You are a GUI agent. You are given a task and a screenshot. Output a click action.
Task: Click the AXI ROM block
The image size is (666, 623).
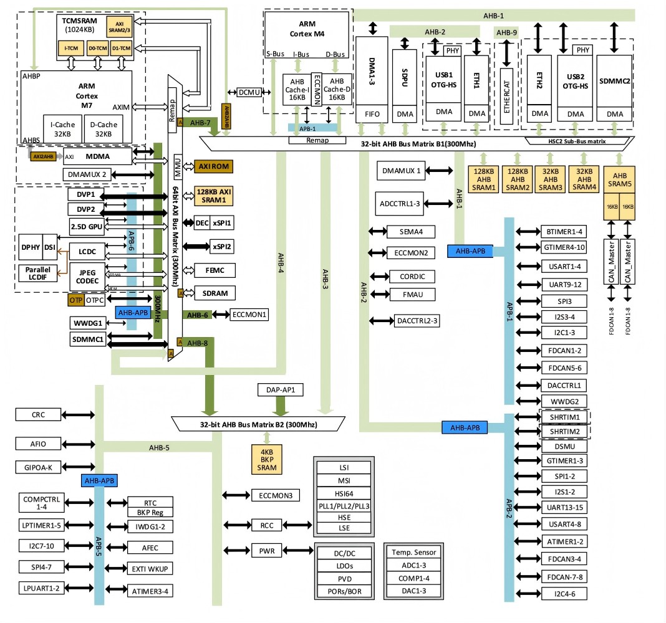[213, 166]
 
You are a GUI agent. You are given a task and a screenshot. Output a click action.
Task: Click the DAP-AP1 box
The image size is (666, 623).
[280, 390]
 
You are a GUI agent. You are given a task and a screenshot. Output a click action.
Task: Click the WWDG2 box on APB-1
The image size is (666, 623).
[564, 401]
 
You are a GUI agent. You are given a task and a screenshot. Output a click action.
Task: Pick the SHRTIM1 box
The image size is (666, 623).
[564, 417]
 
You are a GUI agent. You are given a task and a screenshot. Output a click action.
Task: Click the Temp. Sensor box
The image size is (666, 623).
[414, 552]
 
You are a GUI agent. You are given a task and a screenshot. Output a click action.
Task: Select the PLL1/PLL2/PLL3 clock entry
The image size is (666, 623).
[344, 505]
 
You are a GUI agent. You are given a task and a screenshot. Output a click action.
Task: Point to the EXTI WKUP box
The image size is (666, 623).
[150, 569]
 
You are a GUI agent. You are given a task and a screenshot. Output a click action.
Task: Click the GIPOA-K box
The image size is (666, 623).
[38, 467]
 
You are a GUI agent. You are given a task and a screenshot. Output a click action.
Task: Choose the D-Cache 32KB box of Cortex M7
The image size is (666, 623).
[100, 128]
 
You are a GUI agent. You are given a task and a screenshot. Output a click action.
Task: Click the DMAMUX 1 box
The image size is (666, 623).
[402, 170]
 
